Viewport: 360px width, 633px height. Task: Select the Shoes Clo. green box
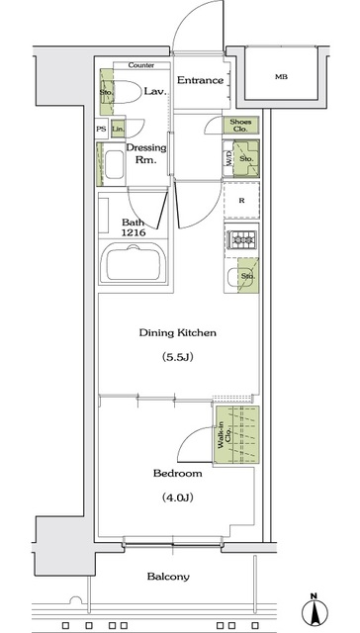coord(240,125)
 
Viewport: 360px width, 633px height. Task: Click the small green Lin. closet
coord(118,129)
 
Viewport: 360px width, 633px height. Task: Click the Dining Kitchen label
coord(179,334)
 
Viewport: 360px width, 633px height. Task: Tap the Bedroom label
coord(178,473)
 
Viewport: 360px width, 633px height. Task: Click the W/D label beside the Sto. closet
coord(228,157)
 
